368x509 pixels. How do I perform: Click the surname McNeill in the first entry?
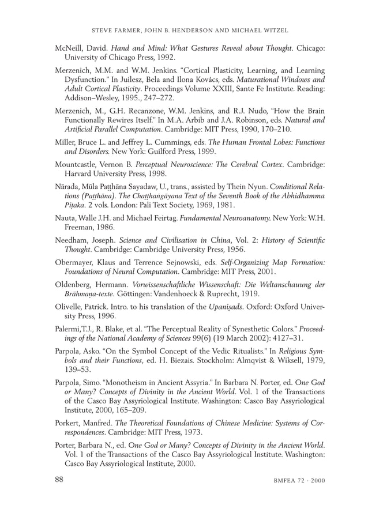[x=71, y=49]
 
